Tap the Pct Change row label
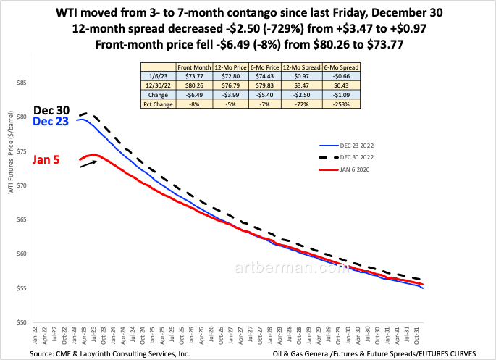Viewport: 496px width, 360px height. coord(159,104)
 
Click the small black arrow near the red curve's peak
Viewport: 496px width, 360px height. coord(88,163)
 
